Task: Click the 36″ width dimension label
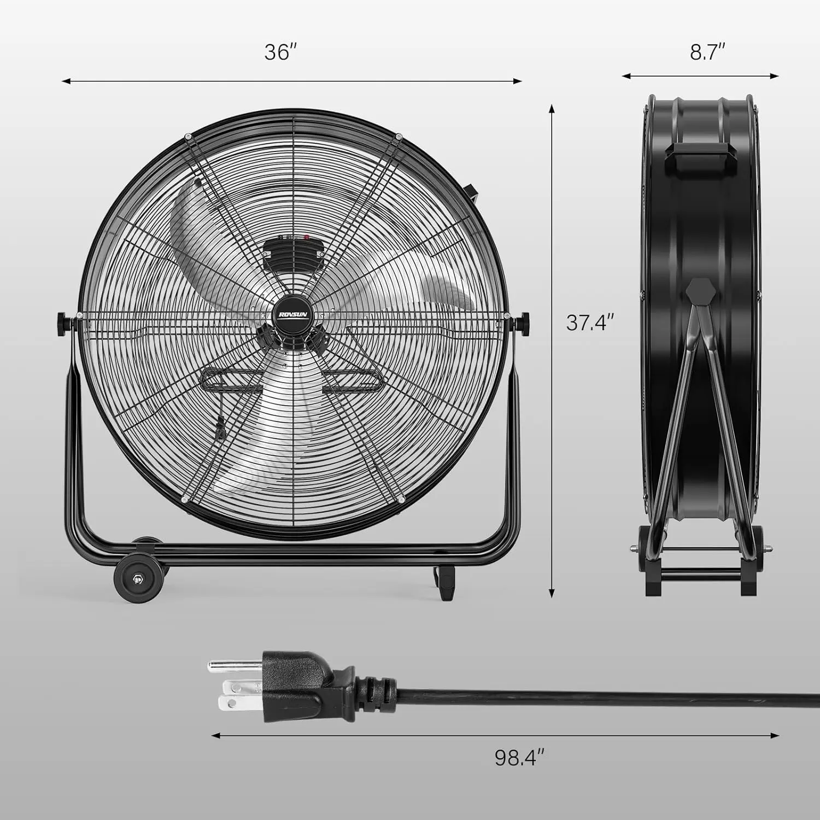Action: [280, 52]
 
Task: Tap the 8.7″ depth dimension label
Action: [707, 52]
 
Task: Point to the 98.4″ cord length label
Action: [520, 757]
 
